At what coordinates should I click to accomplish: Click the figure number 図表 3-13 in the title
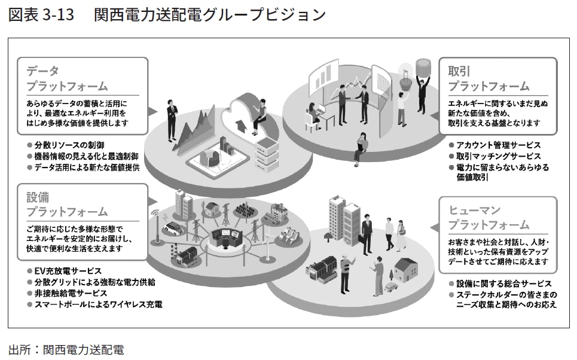41,15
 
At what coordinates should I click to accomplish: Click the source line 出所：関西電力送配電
66,349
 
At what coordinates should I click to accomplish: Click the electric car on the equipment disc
173,228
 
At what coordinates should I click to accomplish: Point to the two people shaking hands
353,99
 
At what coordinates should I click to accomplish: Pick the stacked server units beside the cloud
267,153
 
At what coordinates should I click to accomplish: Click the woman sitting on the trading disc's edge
361,146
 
